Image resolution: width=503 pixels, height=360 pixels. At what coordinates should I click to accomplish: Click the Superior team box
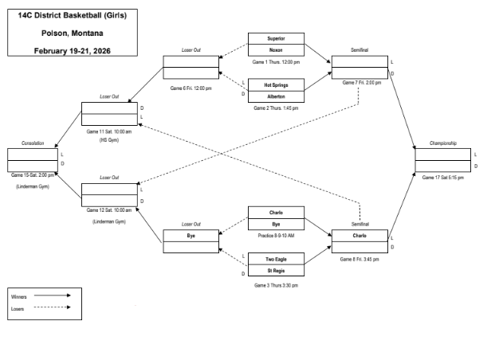coord(276,38)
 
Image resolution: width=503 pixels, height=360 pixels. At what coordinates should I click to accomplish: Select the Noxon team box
coord(276,49)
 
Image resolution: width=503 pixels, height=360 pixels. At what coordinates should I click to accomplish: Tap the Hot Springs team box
coord(276,84)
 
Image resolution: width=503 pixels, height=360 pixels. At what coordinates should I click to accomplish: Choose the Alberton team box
coord(276,96)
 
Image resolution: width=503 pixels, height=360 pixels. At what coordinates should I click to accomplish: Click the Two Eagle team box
coord(276,259)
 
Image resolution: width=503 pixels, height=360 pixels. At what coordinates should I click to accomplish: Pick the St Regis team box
coord(276,271)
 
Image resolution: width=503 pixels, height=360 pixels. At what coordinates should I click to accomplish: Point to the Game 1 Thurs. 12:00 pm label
coord(276,61)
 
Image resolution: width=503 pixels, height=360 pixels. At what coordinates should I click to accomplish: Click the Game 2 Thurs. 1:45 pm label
coord(276,108)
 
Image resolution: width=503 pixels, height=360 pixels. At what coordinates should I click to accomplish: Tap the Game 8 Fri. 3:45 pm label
coord(360,259)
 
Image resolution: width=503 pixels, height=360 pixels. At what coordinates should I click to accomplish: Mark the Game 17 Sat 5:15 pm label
coord(442,177)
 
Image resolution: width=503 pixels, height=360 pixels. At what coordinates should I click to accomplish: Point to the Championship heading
coord(442,143)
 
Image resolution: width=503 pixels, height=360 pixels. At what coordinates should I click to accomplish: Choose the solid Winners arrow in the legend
coord(54,296)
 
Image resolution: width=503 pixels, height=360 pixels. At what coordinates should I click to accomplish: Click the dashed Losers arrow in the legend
coord(54,308)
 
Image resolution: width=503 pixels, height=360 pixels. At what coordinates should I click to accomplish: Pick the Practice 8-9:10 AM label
coord(276,236)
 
